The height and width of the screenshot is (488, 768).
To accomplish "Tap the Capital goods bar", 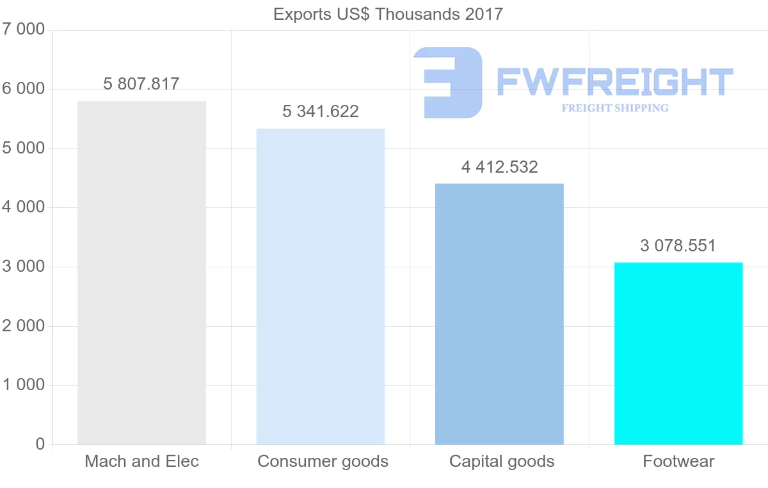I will pyautogui.click(x=499, y=314).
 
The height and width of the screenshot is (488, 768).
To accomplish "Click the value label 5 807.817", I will pyautogui.click(x=141, y=84).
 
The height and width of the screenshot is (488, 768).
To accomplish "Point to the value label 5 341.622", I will pyautogui.click(x=321, y=112).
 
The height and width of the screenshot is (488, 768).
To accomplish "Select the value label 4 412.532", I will pyautogui.click(x=499, y=167).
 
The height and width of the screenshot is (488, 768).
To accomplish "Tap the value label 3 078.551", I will pyautogui.click(x=678, y=246).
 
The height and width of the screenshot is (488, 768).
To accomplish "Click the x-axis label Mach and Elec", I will pyautogui.click(x=141, y=461).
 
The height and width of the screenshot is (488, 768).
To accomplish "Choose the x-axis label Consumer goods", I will pyautogui.click(x=323, y=461).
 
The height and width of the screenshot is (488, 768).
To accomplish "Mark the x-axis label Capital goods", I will pyautogui.click(x=502, y=461).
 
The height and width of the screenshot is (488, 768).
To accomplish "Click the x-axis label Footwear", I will pyautogui.click(x=678, y=461).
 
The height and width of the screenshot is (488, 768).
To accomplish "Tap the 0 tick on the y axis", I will pyautogui.click(x=40, y=445).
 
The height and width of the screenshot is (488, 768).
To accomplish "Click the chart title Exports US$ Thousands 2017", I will pyautogui.click(x=388, y=14).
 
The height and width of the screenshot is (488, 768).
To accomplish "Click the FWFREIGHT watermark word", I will pyautogui.click(x=614, y=82).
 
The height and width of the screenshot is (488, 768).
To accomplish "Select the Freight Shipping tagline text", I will pyautogui.click(x=615, y=108).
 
